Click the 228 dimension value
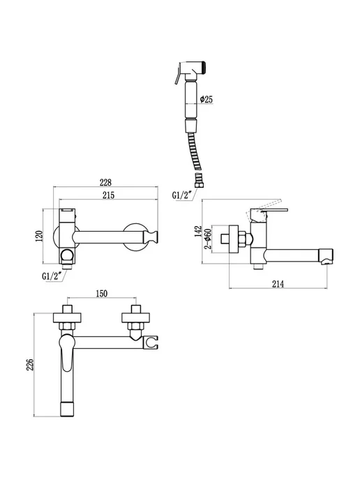click(x=105, y=183)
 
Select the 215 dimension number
click(x=108, y=195)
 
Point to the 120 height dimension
click(x=39, y=237)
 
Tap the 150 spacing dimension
click(x=102, y=294)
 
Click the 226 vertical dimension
click(x=30, y=365)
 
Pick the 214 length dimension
click(x=278, y=284)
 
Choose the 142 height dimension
click(x=198, y=232)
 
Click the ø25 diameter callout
click(x=207, y=99)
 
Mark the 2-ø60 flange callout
click(x=208, y=239)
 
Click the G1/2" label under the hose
click(x=182, y=195)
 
